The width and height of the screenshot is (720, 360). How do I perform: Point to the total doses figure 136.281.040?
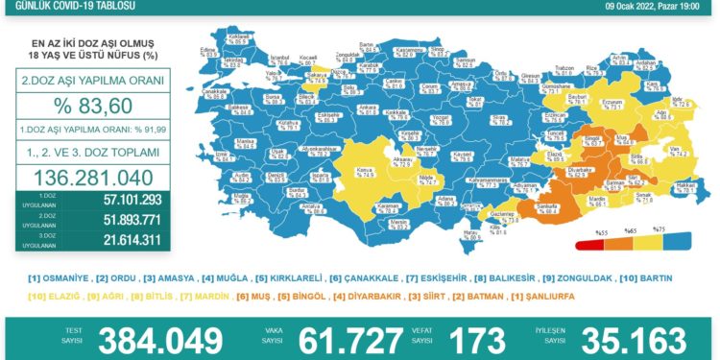pyautogui.click(x=81, y=178)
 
